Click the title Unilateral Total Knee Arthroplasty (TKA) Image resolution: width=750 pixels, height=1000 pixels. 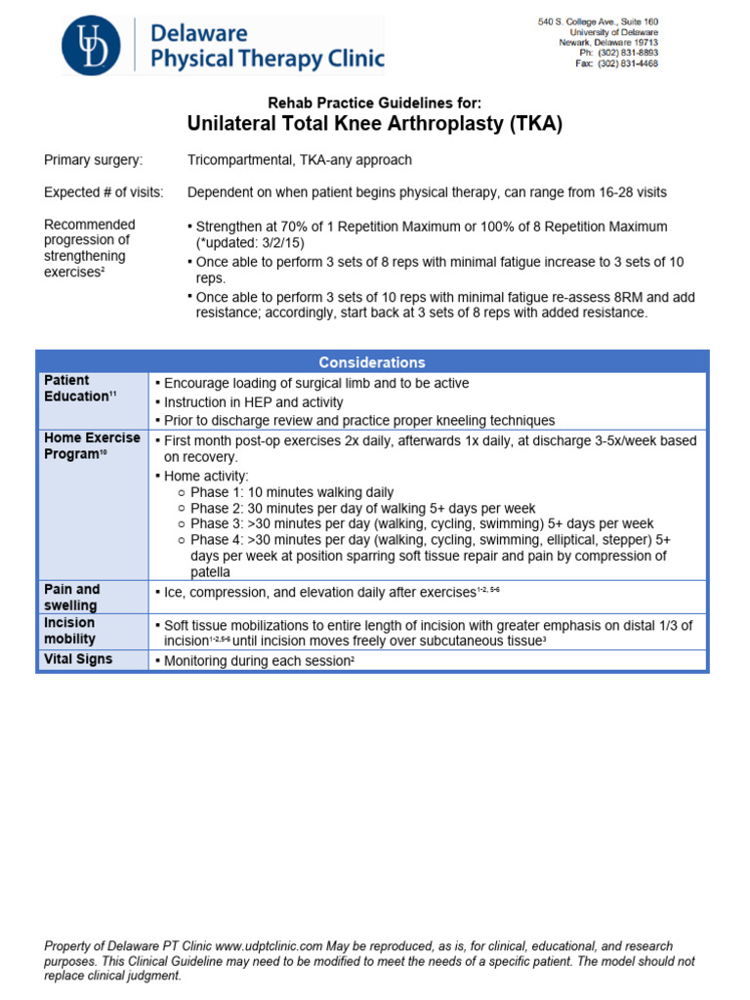[x=374, y=124]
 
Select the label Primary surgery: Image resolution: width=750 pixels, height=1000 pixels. [x=93, y=160]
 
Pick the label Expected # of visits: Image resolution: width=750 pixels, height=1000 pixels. [x=104, y=192]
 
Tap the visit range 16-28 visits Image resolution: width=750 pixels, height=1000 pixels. [x=619, y=192]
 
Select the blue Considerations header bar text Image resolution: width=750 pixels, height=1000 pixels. [x=371, y=362]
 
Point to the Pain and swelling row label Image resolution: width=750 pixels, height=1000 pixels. [x=72, y=597]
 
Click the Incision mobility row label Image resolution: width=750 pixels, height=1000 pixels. [x=70, y=630]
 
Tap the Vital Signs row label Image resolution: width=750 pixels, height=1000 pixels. [x=78, y=659]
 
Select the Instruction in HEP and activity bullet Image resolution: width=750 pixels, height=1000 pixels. [x=253, y=402]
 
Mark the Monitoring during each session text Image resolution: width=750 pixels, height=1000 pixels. [x=256, y=661]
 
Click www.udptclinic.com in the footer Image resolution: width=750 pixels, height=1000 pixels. [x=269, y=947]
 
